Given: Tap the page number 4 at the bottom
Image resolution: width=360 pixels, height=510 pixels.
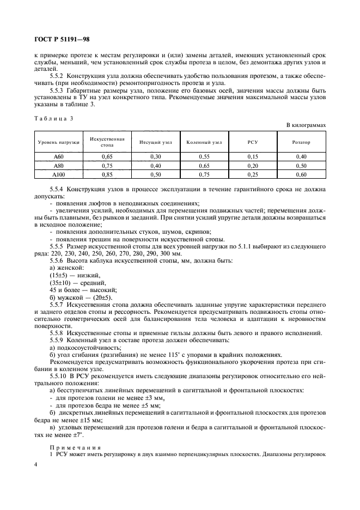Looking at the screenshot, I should pos(35,464).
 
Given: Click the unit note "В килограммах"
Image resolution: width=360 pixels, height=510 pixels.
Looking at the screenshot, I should pos(306,125).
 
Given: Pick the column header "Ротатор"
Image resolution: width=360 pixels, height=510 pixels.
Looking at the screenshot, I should pos(301,142).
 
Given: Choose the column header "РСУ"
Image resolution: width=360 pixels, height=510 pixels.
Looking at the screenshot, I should pos(252,142).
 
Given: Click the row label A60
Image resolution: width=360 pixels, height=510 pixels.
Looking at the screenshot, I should pos(58,156).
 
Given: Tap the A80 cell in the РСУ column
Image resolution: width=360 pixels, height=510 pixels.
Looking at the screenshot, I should pos(252,165).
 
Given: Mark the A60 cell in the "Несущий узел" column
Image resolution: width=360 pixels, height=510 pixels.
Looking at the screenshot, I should pos(155,156).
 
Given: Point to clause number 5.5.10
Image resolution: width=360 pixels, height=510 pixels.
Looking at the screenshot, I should pos(60,377).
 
